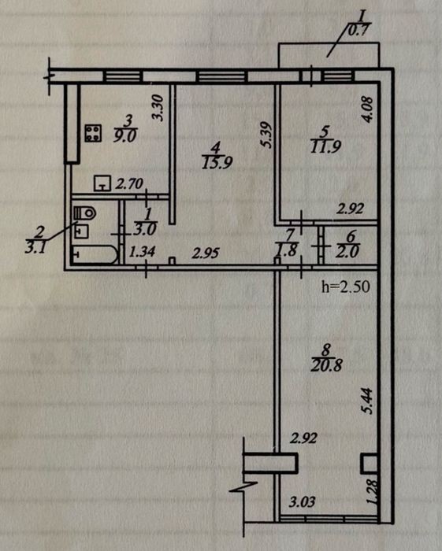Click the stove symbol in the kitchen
click(x=93, y=133)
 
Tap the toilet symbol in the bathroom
click(x=85, y=213)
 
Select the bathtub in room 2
click(x=95, y=255)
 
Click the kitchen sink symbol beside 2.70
click(x=102, y=183)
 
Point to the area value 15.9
click(x=217, y=163)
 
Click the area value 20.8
click(x=326, y=366)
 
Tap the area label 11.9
click(x=325, y=146)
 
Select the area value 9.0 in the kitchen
click(x=124, y=135)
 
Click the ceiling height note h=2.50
click(x=346, y=287)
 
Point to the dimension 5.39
click(x=267, y=135)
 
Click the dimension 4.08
click(x=368, y=109)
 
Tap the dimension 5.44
click(x=367, y=401)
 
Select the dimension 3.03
click(x=302, y=501)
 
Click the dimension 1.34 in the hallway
click(x=142, y=252)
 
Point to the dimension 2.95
click(x=206, y=253)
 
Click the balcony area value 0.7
click(x=358, y=31)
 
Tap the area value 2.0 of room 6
click(x=347, y=252)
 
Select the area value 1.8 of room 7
click(x=287, y=250)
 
